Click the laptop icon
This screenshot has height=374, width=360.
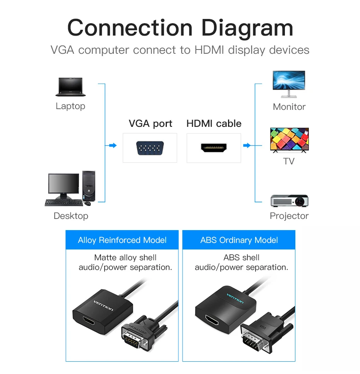coord(70,87)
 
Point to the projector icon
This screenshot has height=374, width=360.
coord(289,200)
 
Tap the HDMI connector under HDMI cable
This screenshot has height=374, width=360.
coord(214,148)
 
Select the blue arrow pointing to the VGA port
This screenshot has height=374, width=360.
coord(112,145)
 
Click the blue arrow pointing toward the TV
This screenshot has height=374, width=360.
coord(247,145)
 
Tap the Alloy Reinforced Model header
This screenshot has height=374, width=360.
coord(122,240)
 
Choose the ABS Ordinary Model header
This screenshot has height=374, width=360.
coord(239,240)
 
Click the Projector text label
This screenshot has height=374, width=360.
coord(289,216)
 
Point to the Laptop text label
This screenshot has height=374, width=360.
coord(70,106)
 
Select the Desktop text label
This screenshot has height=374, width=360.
coord(71,216)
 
